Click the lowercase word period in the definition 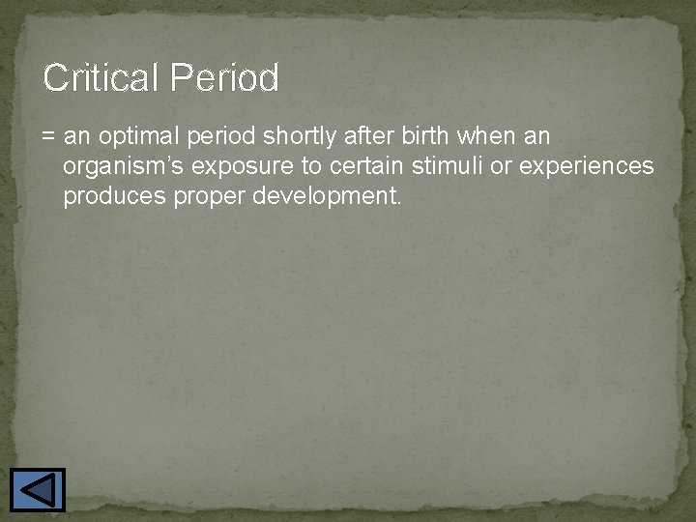[223, 137]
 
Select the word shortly [300, 137]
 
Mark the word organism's [124, 167]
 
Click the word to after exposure [313, 166]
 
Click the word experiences [587, 167]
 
